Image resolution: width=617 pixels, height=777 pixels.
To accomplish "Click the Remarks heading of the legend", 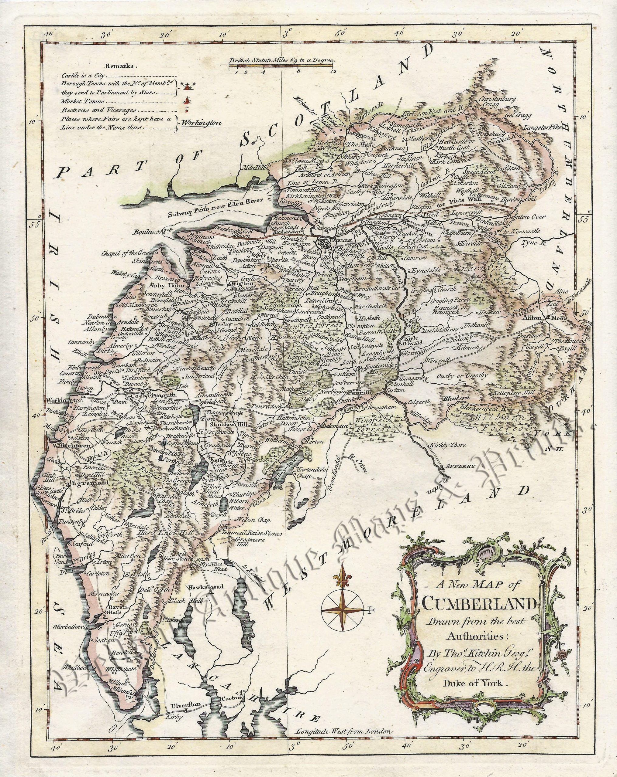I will [x=119, y=66].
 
